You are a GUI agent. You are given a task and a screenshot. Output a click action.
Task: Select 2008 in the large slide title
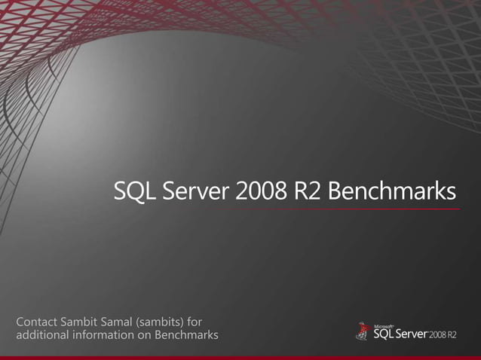[259, 192]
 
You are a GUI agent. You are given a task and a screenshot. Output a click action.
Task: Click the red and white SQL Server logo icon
[363, 332]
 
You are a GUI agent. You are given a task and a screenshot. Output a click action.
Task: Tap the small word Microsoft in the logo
[384, 325]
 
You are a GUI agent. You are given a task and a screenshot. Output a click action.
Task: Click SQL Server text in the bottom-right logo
[400, 334]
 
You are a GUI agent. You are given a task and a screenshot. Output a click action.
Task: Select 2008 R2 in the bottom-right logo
[443, 335]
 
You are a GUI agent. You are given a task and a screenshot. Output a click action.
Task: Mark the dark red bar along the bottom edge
[240, 357]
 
